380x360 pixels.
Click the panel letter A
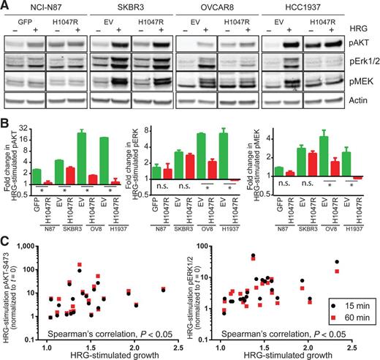pos(6,6)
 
